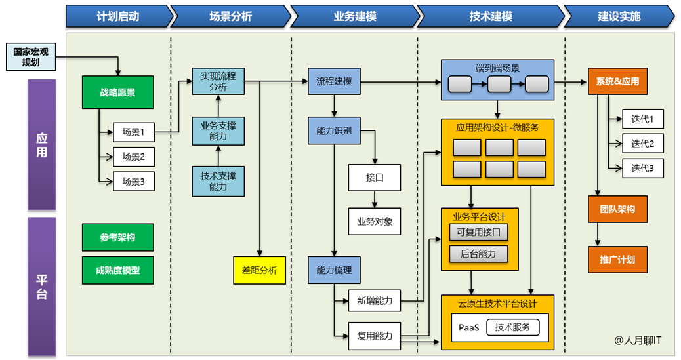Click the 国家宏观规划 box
tap(31, 57)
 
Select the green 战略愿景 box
tap(117, 92)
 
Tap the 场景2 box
tap(134, 157)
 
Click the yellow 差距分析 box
tap(259, 270)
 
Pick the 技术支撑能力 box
tap(218, 181)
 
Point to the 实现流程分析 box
tap(218, 81)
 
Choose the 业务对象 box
tap(374, 222)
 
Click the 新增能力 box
tap(374, 301)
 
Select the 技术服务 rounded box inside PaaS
tap(517, 327)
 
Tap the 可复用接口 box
tap(478, 232)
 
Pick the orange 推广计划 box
tap(617, 260)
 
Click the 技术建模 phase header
tap(490, 16)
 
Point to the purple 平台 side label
tap(41, 287)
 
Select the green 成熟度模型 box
tap(117, 270)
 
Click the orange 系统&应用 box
tap(617, 82)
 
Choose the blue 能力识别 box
tap(334, 130)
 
